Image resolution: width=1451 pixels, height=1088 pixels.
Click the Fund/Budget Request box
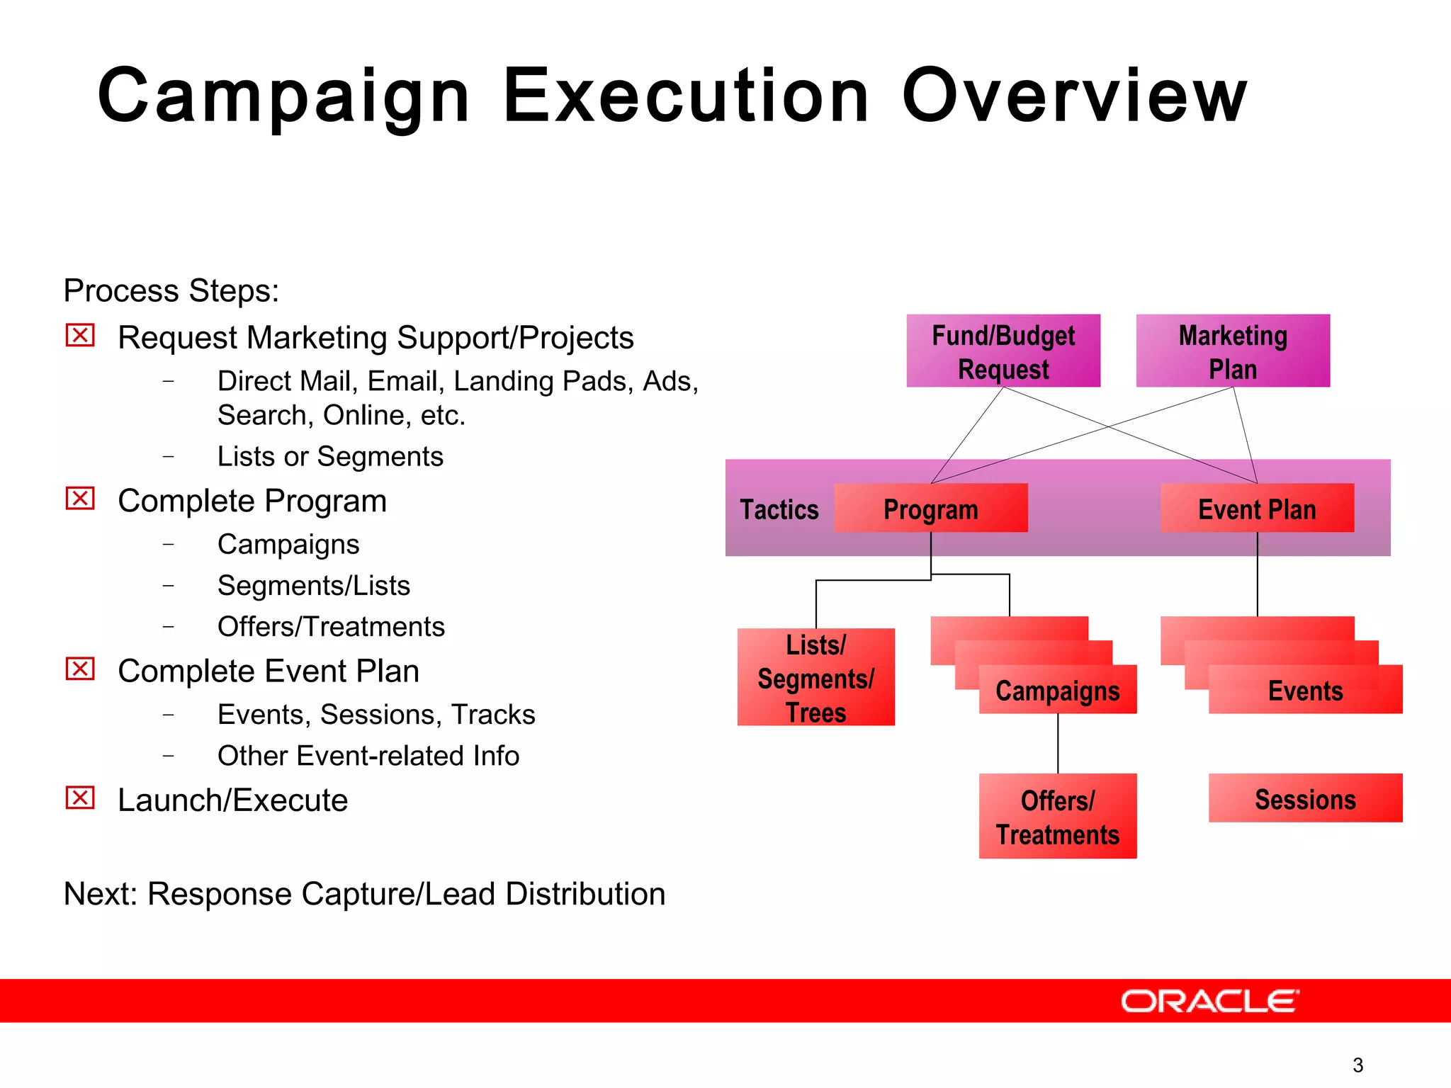[x=1003, y=351]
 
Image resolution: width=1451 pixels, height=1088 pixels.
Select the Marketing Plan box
[x=1233, y=351]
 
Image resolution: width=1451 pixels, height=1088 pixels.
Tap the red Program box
[x=930, y=509]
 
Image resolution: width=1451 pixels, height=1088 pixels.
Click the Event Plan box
[x=1257, y=509]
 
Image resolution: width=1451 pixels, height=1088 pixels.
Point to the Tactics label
[x=779, y=510]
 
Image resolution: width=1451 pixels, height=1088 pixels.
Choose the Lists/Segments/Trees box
[x=815, y=678]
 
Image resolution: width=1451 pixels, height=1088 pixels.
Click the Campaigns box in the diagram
[x=1057, y=690]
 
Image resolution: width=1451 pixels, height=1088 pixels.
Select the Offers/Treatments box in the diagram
[x=1057, y=817]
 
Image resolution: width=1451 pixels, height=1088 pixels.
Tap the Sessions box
[x=1305, y=799]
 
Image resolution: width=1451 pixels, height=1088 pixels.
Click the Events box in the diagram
[x=1305, y=690]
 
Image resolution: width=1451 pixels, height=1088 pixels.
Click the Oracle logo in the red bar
[x=1209, y=1002]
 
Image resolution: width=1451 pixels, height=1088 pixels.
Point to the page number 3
[x=1357, y=1065]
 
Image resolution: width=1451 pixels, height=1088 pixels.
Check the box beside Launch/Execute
[x=80, y=798]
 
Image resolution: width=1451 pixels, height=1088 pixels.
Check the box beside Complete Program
[x=80, y=499]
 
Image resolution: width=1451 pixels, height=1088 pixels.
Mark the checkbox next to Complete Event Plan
[x=80, y=669]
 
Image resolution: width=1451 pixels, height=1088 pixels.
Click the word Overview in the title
[x=1073, y=96]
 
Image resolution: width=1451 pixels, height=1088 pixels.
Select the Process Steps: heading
[x=171, y=291]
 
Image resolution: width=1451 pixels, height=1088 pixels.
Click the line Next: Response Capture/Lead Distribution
[x=364, y=894]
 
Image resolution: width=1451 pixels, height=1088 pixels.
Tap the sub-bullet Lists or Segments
[x=330, y=457]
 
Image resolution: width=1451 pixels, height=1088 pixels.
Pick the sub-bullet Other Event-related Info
[x=368, y=756]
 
